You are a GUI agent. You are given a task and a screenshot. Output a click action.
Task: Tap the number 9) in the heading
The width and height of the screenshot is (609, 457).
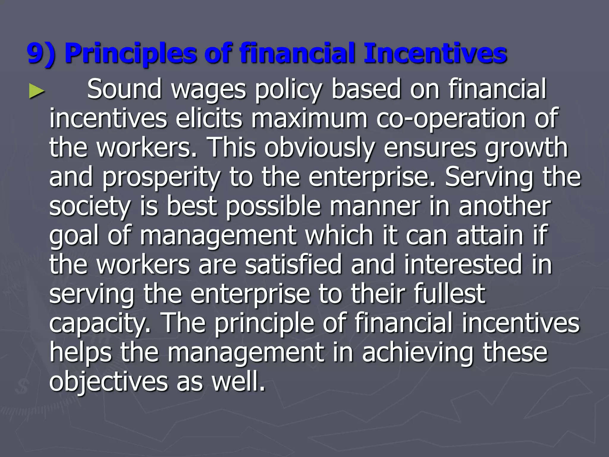click(41, 54)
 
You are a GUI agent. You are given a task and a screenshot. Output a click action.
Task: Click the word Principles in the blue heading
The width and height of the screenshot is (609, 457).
click(130, 54)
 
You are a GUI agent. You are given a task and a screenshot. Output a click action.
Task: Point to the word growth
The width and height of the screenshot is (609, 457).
click(526, 148)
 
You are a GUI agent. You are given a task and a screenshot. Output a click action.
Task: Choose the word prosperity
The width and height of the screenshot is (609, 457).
click(161, 178)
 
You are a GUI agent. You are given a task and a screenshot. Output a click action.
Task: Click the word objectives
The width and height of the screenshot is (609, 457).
click(109, 382)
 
